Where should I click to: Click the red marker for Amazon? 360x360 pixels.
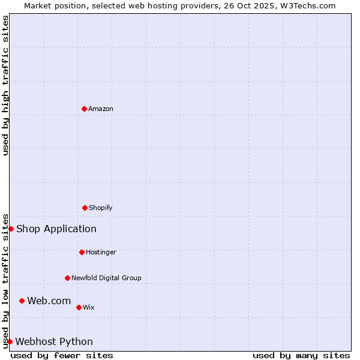pos(84,109)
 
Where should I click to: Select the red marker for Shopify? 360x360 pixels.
pos(85,208)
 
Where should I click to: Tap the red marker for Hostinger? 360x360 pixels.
pos(82,252)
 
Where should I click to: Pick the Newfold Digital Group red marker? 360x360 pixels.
pos(67,278)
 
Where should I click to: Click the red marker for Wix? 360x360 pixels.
pos(79,307)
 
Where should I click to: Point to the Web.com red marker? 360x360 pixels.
pos(22,301)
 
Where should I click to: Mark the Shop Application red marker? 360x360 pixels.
pos(11,229)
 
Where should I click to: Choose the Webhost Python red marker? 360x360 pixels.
pos(10,341)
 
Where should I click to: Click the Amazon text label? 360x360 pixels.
pos(101,109)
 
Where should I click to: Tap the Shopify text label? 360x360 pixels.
pos(101,208)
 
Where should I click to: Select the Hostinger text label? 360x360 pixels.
pos(101,252)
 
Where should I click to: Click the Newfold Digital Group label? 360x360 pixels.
pos(106,278)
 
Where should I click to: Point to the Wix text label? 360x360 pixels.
pos(89,307)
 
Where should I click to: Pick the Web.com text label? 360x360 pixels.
pos(49,301)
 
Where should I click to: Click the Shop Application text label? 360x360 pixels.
pos(56,229)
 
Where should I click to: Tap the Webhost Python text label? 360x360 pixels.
pos(54,341)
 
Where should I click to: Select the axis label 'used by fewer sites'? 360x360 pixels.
pos(62,355)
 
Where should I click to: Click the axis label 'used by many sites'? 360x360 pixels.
pos(301,355)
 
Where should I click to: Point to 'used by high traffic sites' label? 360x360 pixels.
pos(5,85)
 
